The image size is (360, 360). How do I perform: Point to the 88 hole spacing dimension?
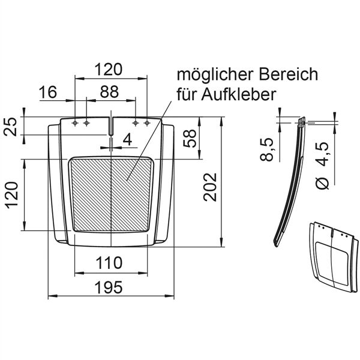coord(109,92)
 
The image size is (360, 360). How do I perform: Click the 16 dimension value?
coord(49,92)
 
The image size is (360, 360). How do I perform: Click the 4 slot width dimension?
coord(127,140)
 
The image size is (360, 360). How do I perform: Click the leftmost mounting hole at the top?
coord(75,123)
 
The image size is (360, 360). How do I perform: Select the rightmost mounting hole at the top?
coord(147,123)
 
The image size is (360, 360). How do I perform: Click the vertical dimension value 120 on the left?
coord(13,196)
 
